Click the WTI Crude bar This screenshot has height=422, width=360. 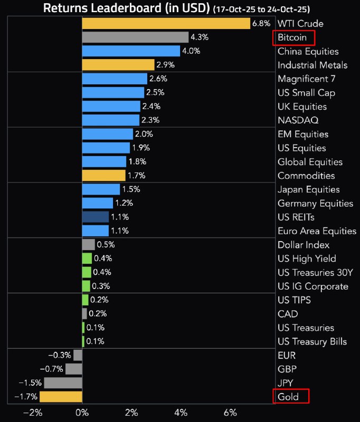(166, 23)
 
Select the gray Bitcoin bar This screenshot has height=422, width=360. (135, 37)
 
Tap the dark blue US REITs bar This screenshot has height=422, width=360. (96, 217)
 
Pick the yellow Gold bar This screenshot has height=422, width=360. (61, 397)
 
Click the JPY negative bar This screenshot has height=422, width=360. (63, 383)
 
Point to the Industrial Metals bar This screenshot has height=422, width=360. (118, 65)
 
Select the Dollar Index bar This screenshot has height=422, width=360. (88, 245)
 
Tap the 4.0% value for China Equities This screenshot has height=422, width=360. (191, 51)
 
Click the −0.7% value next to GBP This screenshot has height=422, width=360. (53, 369)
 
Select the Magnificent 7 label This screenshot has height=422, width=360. (306, 79)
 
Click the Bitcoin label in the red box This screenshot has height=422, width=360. (292, 37)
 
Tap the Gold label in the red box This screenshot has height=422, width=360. (288, 397)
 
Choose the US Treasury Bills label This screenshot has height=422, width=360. (312, 341)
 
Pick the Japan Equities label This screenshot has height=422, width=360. (308, 189)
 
